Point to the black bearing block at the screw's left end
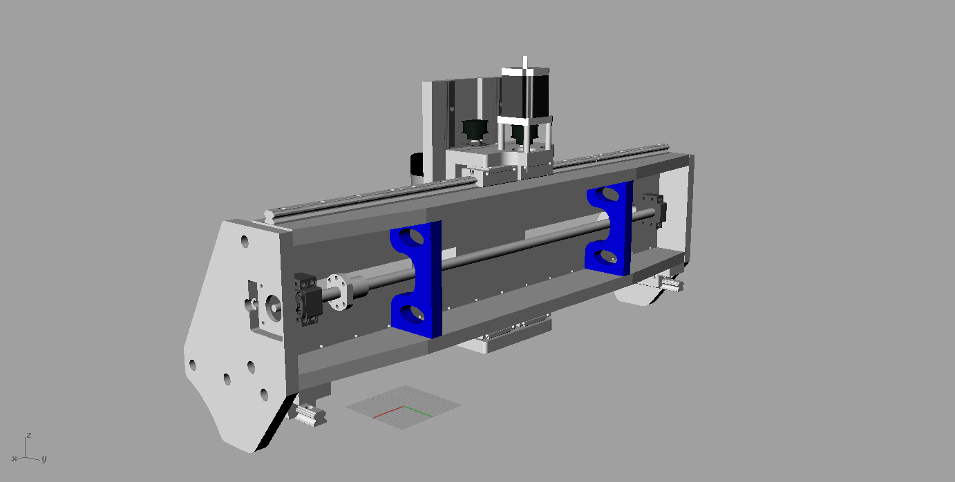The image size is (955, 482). pyautogui.click(x=307, y=299)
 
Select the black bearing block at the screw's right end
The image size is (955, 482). pyautogui.click(x=654, y=211)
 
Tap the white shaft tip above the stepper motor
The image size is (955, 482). pyautogui.click(x=524, y=62)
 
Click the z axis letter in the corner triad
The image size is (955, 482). pyautogui.click(x=28, y=435)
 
